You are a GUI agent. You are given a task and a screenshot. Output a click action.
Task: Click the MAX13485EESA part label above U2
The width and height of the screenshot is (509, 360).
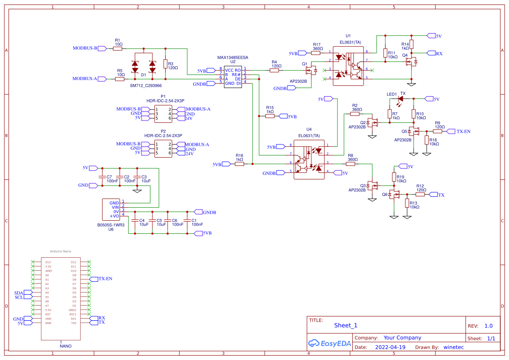pyautogui.click(x=233, y=57)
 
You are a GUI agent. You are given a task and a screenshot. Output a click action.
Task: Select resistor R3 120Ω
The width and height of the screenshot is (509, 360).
pyautogui.click(x=165, y=64)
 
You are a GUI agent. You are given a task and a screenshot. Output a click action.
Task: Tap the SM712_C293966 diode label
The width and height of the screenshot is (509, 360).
pyautogui.click(x=146, y=86)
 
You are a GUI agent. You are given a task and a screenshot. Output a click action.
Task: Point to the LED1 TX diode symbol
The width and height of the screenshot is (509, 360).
pyautogui.click(x=400, y=99)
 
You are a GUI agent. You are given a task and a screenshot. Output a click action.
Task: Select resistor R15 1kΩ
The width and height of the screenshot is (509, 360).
pyautogui.click(x=270, y=116)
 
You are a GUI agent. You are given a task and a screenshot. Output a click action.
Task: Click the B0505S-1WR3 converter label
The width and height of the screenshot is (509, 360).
pyautogui.click(x=111, y=225)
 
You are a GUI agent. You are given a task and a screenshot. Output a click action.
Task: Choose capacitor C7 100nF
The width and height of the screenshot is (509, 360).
pyautogui.click(x=102, y=177)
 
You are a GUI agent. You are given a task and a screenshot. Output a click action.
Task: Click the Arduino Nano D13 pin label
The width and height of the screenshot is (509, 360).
pyautogui.click(x=48, y=262)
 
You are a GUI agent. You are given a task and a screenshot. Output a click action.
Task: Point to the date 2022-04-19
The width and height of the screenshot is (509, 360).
pyautogui.click(x=390, y=347)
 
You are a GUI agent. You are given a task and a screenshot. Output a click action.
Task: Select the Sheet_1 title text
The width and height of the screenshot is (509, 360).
pyautogui.click(x=345, y=325)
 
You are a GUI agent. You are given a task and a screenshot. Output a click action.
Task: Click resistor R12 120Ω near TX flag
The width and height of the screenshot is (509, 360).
pyautogui.click(x=420, y=195)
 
